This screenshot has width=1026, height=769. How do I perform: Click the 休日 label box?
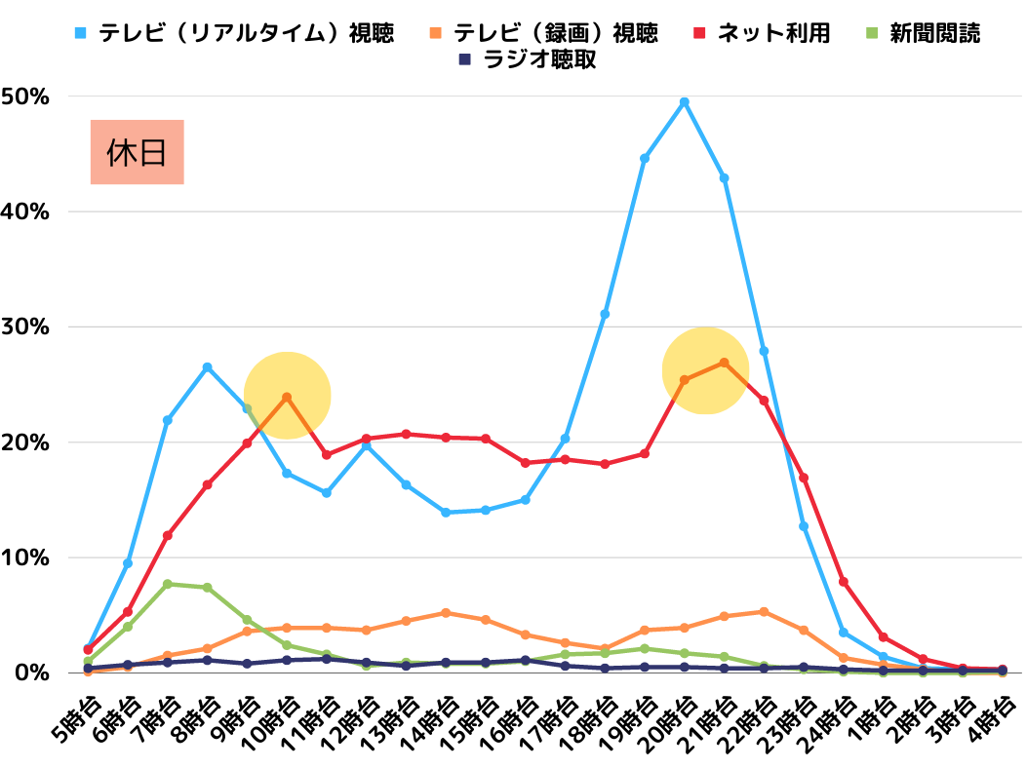pos(138,152)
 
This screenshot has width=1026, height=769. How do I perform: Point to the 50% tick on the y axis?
pos(25,96)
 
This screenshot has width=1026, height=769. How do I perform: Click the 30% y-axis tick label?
pos(25,327)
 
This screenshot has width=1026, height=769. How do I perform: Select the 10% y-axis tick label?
pos(25,558)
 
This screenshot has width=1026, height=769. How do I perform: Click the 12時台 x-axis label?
pos(353,721)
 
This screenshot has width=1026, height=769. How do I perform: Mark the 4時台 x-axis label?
pos(991,719)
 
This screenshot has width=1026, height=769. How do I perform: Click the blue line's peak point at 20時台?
pos(685,101)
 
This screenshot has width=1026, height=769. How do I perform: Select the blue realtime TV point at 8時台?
pos(207,367)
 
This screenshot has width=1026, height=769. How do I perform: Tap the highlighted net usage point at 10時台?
pos(287,397)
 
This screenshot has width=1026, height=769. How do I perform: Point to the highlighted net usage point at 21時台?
pos(724,363)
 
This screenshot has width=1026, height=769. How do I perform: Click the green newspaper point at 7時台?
pos(168,584)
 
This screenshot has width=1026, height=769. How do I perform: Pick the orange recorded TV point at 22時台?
pos(764,612)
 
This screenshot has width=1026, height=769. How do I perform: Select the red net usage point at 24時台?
pos(844,582)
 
